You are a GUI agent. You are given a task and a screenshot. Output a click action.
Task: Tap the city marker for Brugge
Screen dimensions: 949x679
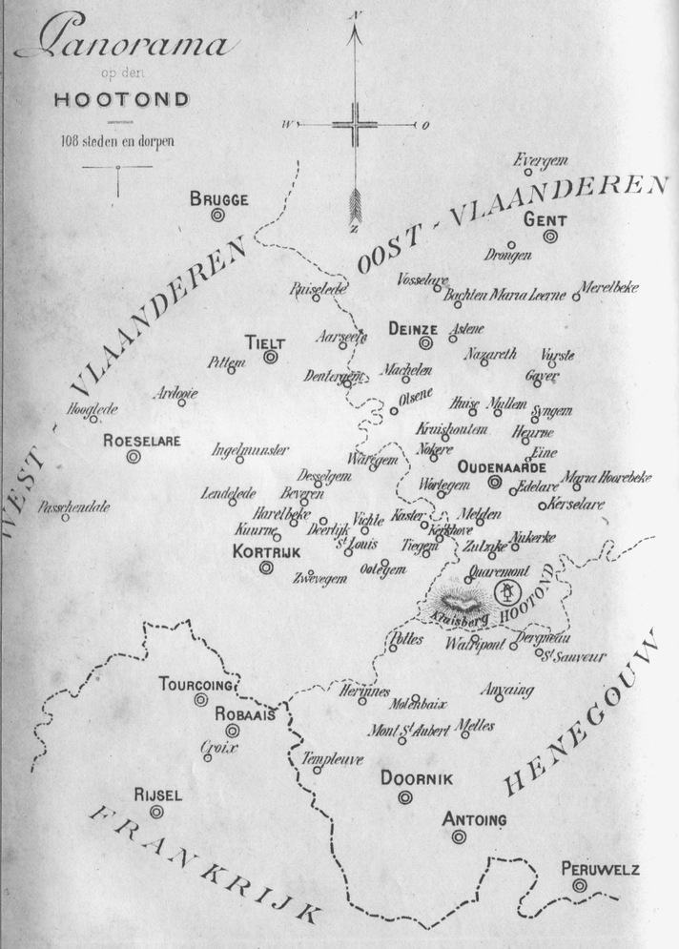pos(218,217)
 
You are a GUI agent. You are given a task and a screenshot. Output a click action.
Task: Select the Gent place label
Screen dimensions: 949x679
pos(545,219)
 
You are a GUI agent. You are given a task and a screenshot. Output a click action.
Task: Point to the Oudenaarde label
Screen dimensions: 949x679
pos(502,467)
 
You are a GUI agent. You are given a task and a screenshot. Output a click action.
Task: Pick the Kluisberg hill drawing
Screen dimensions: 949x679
pos(460,602)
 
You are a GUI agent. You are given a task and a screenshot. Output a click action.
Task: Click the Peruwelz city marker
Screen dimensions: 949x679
pos(580,886)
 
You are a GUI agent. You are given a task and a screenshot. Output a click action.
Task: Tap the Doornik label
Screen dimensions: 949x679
pos(417,779)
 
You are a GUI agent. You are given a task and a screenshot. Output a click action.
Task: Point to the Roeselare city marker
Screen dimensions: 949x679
pos(134,457)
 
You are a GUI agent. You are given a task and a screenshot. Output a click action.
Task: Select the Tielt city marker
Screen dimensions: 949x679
pos(271,357)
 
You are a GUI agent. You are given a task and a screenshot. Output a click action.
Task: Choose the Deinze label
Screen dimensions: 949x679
pos(412,329)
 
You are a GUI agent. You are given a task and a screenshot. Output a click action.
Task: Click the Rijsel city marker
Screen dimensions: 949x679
pos(156,812)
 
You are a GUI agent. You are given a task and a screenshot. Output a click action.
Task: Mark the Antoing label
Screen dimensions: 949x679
pos(474,819)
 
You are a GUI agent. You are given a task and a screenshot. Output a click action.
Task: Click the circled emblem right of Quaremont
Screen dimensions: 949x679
pos(508,595)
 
